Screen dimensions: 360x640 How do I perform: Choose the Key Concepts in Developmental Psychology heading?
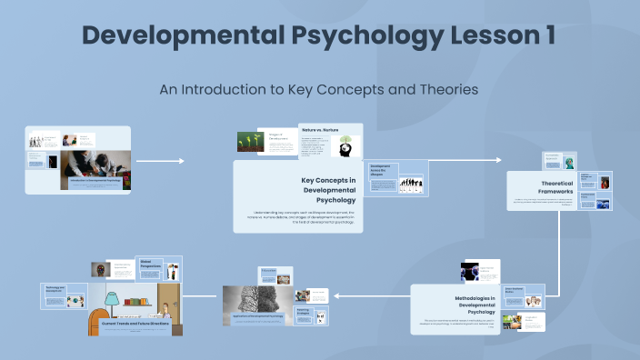[x=328, y=190]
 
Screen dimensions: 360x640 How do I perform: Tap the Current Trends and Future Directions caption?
[x=135, y=324]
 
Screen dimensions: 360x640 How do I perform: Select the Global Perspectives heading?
[x=153, y=264]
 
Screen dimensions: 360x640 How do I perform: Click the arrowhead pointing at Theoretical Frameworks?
[x=498, y=160]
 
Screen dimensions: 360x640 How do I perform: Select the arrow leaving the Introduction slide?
[x=160, y=161]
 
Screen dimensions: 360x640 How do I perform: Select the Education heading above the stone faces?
[x=268, y=270]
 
